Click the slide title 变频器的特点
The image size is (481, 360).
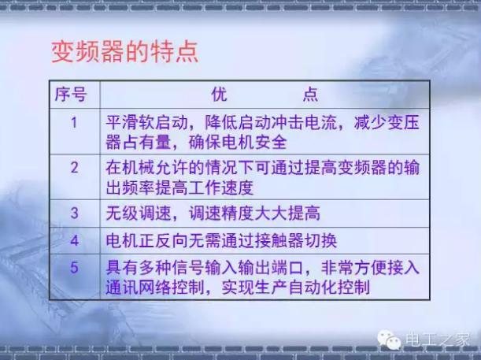(x=125, y=52)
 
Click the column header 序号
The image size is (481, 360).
(x=71, y=95)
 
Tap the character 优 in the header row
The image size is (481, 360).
(x=220, y=95)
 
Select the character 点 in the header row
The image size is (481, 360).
(x=310, y=95)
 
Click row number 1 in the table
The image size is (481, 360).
(x=74, y=122)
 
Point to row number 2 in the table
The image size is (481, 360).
(x=75, y=168)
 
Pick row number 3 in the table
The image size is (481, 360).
(x=75, y=213)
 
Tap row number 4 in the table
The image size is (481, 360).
(x=75, y=240)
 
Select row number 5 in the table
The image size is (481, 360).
(x=75, y=267)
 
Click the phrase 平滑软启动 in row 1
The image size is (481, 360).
(x=146, y=123)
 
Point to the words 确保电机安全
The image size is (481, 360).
(x=238, y=142)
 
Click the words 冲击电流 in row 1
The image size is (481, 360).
(x=304, y=123)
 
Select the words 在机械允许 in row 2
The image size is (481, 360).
(x=146, y=168)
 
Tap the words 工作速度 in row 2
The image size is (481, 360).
(x=220, y=187)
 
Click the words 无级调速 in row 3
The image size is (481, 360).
(x=139, y=213)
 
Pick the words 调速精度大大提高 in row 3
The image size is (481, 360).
(x=254, y=213)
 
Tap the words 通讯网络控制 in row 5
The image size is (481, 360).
(x=155, y=288)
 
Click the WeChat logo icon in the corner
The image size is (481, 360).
(x=389, y=340)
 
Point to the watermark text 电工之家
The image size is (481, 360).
(x=437, y=340)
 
